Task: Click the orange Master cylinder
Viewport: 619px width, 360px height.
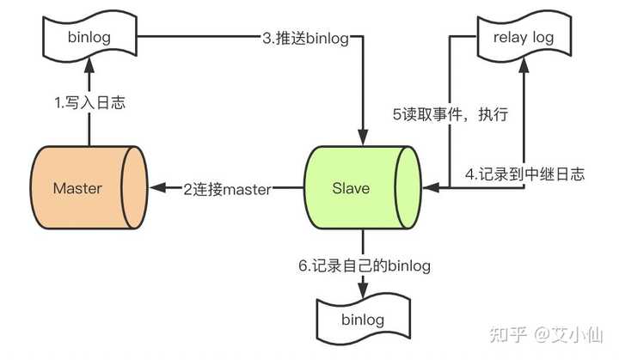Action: [89, 187]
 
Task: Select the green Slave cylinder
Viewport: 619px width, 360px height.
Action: [363, 187]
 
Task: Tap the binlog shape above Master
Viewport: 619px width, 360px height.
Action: [89, 36]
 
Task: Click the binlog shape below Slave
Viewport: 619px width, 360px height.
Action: [363, 319]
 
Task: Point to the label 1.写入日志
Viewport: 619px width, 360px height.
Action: [89, 103]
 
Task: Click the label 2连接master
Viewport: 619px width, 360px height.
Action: [227, 189]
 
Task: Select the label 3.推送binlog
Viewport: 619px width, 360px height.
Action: [306, 39]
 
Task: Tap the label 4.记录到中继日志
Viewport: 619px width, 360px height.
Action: [524, 174]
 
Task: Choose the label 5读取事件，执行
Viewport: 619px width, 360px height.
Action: [450, 114]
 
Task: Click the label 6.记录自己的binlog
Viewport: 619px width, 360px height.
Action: [365, 265]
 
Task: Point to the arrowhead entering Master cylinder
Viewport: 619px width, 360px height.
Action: [157, 188]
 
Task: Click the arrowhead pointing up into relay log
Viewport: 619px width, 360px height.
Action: [524, 64]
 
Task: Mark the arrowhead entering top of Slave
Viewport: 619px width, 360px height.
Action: [363, 137]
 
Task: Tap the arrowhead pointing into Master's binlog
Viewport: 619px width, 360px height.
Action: [89, 64]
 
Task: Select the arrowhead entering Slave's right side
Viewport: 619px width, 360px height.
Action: [431, 188]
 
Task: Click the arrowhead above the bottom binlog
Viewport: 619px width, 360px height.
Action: [363, 290]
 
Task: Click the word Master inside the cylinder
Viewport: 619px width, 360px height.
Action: [77, 188]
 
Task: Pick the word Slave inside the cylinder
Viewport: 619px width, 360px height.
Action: [351, 188]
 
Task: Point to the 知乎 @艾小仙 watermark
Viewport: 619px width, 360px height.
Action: [546, 334]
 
